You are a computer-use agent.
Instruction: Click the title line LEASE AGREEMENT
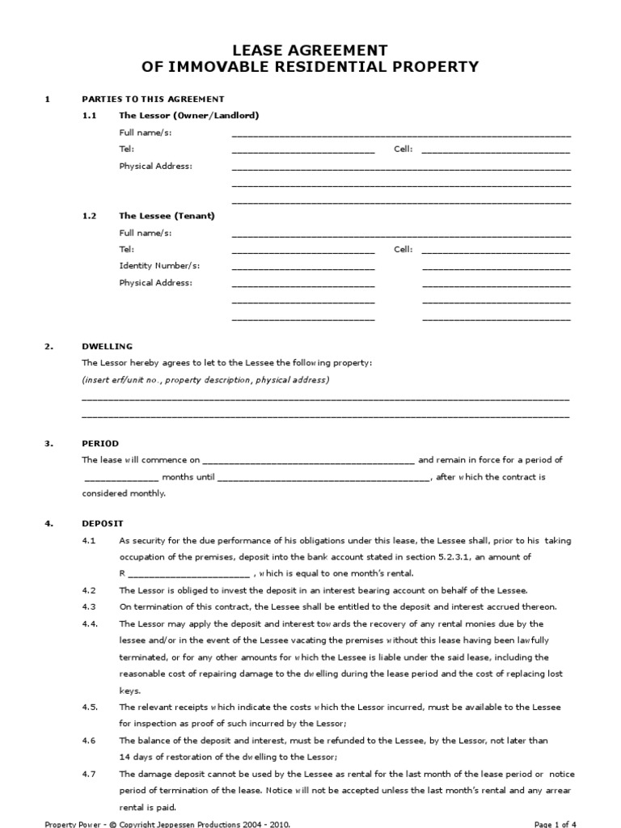pos(310,50)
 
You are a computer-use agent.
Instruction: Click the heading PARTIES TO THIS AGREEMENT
pos(153,99)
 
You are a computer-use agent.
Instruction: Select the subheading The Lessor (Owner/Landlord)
pos(188,116)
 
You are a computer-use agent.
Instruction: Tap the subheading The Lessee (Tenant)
pos(167,216)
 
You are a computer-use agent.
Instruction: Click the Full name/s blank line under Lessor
pos(401,134)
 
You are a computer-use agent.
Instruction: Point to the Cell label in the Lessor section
pos(403,150)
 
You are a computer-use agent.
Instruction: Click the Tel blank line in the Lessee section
pos(303,251)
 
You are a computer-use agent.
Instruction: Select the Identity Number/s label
pos(159,266)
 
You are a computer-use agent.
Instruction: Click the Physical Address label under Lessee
pos(155,283)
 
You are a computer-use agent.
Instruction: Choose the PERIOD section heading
pos(100,443)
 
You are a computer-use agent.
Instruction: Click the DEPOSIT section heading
pos(103,523)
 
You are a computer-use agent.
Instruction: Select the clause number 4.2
pos(89,590)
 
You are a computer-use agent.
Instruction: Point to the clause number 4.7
pos(89,774)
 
